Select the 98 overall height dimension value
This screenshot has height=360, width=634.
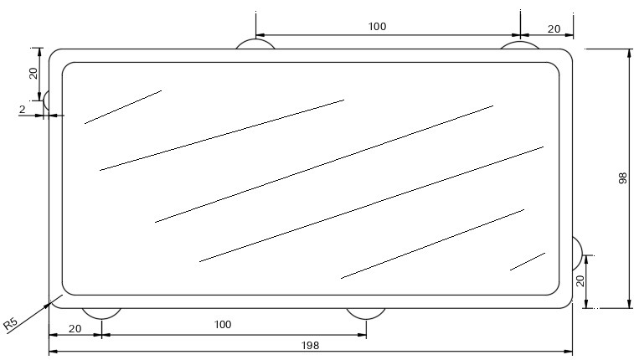tap(622, 178)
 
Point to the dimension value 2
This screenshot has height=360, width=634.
tap(22, 109)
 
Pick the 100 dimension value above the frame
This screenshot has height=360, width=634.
tap(377, 27)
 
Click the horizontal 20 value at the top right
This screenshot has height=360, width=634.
tap(554, 28)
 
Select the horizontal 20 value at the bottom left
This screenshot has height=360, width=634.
tap(75, 329)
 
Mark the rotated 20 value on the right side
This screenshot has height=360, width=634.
tap(580, 281)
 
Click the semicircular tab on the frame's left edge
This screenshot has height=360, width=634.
tap(47, 100)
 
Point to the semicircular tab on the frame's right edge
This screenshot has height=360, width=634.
tap(577, 253)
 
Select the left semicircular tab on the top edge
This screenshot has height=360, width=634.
tap(255, 44)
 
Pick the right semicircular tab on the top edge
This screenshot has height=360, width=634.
tap(520, 44)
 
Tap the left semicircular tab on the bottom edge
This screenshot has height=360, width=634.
tap(101, 313)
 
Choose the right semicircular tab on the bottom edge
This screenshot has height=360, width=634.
tap(366, 313)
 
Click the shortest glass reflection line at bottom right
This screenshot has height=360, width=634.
tap(528, 261)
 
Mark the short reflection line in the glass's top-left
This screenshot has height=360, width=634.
tap(122, 107)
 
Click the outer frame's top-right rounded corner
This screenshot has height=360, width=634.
tap(568, 54)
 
